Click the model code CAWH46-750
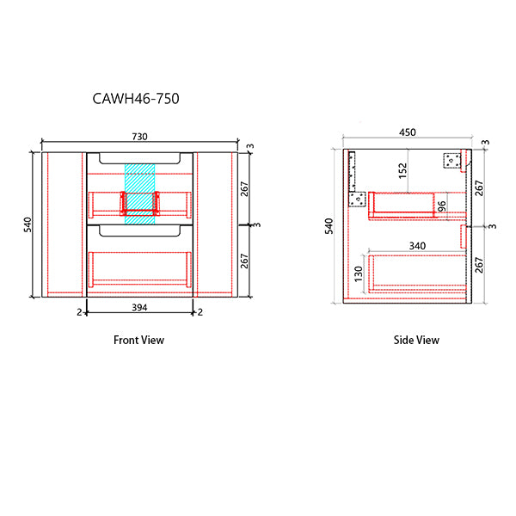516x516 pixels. [135, 99]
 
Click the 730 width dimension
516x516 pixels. [139, 136]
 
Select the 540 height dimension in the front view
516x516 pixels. [28, 224]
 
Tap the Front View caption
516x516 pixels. [138, 340]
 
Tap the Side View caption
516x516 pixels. [416, 340]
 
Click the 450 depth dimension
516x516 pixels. [408, 132]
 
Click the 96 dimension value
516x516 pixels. [441, 206]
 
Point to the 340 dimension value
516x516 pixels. [417, 246]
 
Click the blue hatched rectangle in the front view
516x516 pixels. [138, 193]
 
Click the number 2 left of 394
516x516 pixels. [79, 311]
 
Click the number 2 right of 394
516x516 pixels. [200, 311]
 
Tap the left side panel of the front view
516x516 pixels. [64, 224]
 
